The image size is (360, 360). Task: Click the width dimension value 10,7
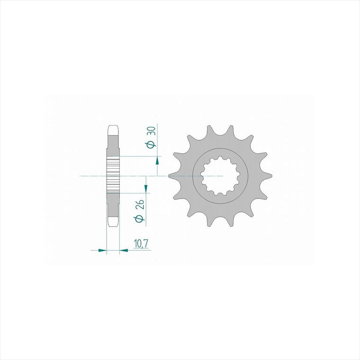point(141,244)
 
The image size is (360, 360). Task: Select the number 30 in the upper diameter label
point(152,131)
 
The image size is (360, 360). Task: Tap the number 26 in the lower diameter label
point(140,204)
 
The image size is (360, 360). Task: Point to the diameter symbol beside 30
point(150,144)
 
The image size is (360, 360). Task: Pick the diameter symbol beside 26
point(140,218)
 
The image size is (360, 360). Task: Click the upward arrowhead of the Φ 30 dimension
point(157,161)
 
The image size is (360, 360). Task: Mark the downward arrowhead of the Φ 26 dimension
point(146,189)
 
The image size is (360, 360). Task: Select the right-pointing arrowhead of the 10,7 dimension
point(102,250)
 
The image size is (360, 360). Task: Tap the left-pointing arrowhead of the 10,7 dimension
point(124,250)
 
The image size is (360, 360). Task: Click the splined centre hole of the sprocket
point(220,176)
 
